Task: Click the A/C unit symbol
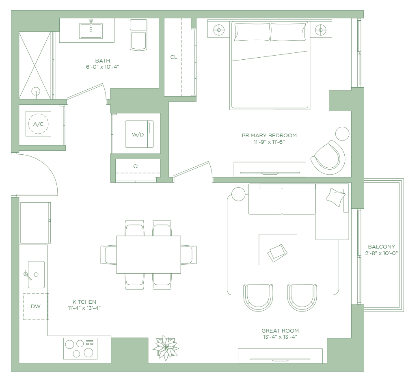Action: click(38, 124)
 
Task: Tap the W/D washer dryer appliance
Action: click(139, 134)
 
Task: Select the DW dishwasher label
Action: click(36, 307)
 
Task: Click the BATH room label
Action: click(103, 61)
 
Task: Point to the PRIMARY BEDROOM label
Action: click(269, 135)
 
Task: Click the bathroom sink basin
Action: click(91, 31)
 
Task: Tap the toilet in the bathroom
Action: click(138, 35)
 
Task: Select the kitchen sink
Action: click(36, 275)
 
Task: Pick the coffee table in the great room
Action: click(278, 249)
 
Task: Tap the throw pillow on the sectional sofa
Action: click(336, 197)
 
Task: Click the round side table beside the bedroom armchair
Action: click(342, 134)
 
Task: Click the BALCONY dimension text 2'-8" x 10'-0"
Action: click(381, 253)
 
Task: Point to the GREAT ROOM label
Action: click(280, 331)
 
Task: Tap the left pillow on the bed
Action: click(252, 32)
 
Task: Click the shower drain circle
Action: click(36, 91)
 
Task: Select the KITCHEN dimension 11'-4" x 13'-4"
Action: click(84, 308)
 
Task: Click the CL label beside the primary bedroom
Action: click(174, 57)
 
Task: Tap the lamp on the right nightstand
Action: click(321, 30)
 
